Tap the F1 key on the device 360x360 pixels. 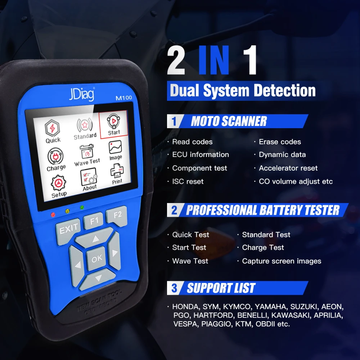[94, 220]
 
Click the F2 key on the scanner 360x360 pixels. [117, 215]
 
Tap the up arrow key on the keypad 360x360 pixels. [95, 239]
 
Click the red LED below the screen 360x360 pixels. [53, 214]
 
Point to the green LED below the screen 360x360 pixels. [82, 207]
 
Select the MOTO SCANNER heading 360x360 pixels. [229, 121]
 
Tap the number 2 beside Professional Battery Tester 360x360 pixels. [174, 210]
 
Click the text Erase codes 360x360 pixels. [280, 142]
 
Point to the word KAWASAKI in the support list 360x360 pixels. [291, 315]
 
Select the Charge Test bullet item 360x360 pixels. [263, 248]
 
